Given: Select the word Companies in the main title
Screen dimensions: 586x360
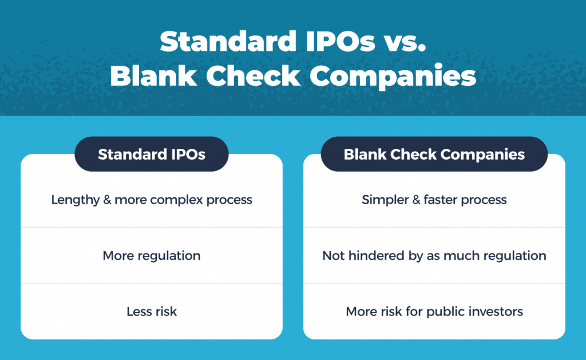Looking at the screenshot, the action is click(393, 77).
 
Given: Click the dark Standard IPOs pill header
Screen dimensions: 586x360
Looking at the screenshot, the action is click(151, 154).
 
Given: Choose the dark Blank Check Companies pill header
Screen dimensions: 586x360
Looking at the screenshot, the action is click(434, 154).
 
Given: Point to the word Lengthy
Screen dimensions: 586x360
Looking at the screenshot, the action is click(76, 200).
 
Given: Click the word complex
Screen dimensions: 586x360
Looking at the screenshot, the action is click(176, 200).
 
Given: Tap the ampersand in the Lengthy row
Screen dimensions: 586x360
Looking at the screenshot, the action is click(107, 200).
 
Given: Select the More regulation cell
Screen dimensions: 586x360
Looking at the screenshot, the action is click(151, 256).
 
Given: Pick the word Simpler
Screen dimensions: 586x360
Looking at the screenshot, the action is click(385, 200).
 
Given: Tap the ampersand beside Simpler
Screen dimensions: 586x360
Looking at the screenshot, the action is click(417, 200).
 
